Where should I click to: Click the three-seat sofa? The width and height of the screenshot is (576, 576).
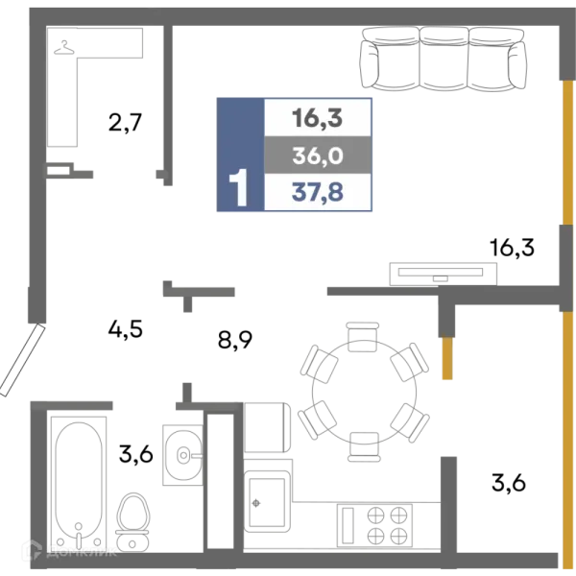(x=444, y=59)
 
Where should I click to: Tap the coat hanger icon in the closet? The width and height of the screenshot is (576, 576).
(x=64, y=48)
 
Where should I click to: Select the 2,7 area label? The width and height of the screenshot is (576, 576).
(x=125, y=123)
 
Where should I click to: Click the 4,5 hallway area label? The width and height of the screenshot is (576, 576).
(x=125, y=328)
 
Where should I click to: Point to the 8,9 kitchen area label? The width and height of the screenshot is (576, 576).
(x=235, y=340)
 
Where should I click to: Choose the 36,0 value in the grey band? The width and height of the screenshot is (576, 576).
(x=318, y=156)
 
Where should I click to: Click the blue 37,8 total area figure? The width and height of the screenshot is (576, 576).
(x=318, y=192)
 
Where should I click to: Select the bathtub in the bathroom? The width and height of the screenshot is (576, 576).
(x=79, y=484)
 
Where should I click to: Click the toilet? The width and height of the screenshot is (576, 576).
(x=132, y=522)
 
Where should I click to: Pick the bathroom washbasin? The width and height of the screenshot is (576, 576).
(x=183, y=455)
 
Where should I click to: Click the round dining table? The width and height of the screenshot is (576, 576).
(x=364, y=393)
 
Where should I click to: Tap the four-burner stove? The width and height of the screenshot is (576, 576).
(x=374, y=525)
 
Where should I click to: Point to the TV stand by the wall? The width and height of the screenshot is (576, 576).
(x=443, y=274)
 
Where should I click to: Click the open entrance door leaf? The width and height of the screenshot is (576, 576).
(x=22, y=360)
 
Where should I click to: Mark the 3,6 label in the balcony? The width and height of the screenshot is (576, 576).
(x=509, y=482)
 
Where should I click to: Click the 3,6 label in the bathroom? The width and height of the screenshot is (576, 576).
(x=136, y=454)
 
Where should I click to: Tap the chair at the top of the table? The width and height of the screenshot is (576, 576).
(x=363, y=337)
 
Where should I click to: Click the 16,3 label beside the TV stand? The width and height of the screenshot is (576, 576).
(x=512, y=247)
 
